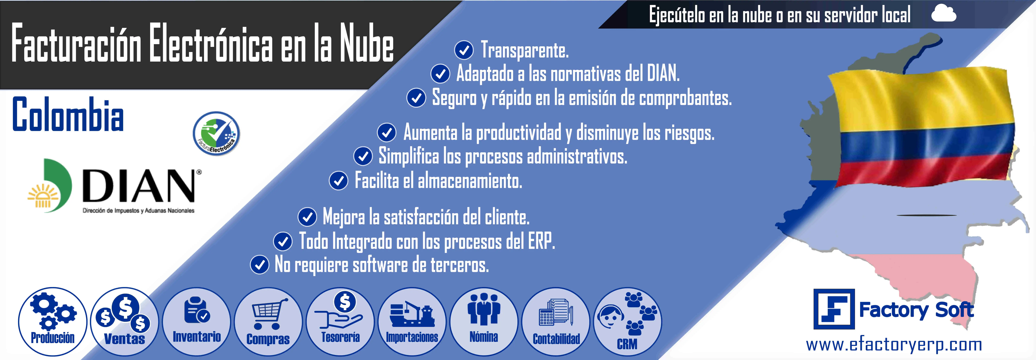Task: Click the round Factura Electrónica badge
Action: (216, 133)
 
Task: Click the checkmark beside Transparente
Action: (464, 50)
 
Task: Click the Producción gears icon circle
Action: (53, 321)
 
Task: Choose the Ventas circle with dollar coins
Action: (125, 321)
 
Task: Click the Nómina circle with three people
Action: (484, 321)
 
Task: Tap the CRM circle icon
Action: (627, 321)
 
